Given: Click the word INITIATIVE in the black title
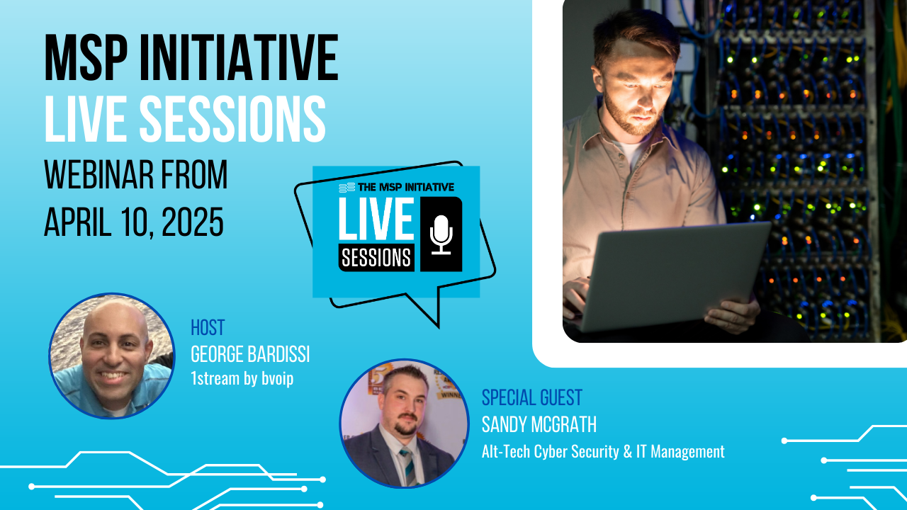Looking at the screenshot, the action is coord(240,58).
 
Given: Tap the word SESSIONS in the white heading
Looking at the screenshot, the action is coord(233,119).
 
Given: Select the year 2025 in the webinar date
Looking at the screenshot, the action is coord(193,222).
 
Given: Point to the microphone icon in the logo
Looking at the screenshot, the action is coord(441,234).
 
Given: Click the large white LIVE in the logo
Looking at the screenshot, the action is coord(376,219).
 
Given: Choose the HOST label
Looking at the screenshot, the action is coord(208,327).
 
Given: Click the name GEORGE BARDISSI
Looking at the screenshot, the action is coord(250,354).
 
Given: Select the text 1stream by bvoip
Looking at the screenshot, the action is coord(242,379).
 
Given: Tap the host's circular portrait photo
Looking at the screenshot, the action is coord(112,356).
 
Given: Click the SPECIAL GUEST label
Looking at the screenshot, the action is coord(532,397).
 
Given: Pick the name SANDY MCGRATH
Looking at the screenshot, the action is coord(539,424).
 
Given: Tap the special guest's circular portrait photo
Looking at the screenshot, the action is coord(405,424).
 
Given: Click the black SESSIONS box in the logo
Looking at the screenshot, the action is coord(376,257).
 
